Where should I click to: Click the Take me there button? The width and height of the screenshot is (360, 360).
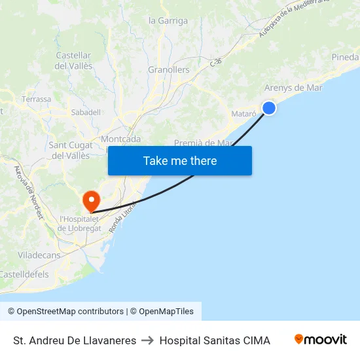click(180, 160)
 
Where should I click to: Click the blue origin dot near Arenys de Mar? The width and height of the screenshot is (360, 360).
click(268, 108)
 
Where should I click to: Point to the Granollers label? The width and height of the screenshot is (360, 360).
click(169, 70)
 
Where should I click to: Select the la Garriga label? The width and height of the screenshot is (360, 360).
click(168, 21)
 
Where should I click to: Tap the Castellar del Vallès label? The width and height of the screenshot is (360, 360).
click(73, 61)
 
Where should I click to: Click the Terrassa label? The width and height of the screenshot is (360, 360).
click(36, 99)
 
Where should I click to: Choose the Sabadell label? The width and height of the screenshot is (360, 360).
click(86, 113)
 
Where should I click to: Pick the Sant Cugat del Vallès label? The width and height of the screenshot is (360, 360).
click(70, 150)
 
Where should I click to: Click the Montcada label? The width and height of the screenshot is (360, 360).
click(120, 139)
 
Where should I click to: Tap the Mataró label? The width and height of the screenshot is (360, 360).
click(243, 113)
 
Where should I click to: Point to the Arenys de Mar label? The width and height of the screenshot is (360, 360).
click(293, 88)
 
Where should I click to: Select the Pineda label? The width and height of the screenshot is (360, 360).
click(345, 58)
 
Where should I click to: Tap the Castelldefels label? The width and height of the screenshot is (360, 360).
click(24, 274)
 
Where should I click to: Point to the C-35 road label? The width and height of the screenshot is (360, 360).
click(216, 62)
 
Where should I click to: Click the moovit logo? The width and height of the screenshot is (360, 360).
click(320, 340)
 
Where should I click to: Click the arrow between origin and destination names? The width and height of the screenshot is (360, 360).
click(148, 340)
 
